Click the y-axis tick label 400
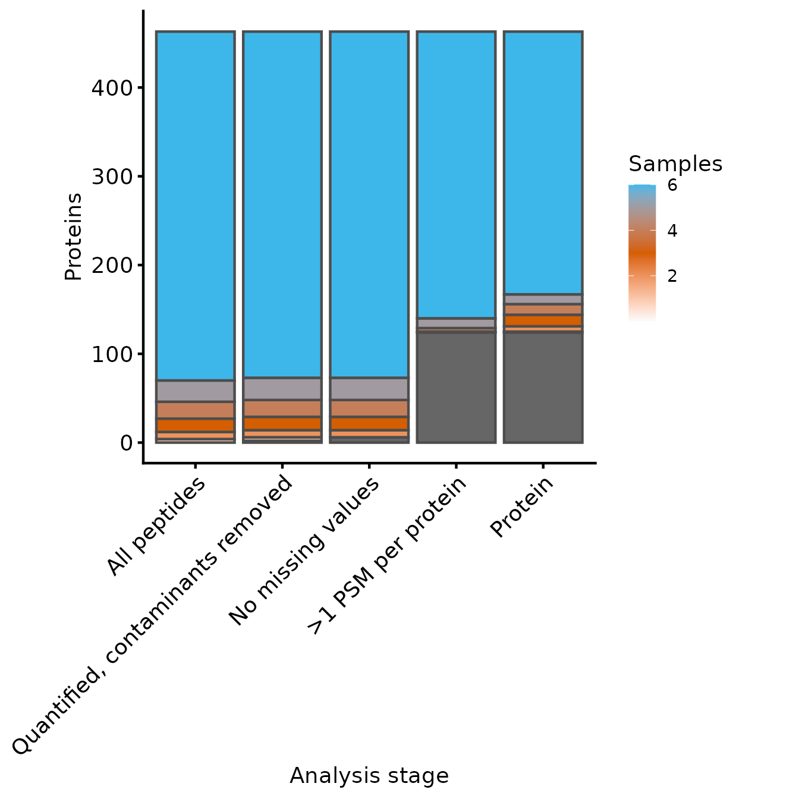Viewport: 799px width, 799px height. [x=112, y=88]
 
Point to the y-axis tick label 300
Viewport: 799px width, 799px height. [x=112, y=177]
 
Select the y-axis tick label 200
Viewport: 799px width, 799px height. [x=112, y=265]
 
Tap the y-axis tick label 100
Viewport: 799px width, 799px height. [x=112, y=354]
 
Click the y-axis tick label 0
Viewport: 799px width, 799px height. [x=126, y=443]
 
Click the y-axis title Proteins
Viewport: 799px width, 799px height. [x=73, y=237]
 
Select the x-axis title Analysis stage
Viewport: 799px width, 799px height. [x=369, y=776]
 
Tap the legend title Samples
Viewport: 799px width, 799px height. [x=675, y=163]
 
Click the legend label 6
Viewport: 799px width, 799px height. [x=672, y=185]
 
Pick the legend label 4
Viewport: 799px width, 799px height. [x=672, y=231]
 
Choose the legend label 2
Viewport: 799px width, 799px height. [x=672, y=276]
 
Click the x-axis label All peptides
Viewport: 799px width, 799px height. [x=157, y=527]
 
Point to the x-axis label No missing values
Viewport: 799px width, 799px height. [x=304, y=552]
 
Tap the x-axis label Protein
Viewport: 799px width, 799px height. [x=522, y=507]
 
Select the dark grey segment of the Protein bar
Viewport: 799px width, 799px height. [x=543, y=387]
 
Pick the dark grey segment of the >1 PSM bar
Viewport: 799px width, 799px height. [x=456, y=387]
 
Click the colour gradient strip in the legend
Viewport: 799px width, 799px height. [x=642, y=253]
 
